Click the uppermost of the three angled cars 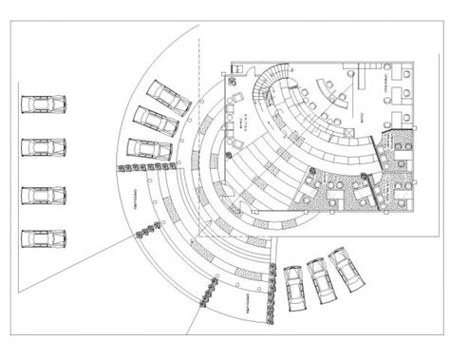point(167,95)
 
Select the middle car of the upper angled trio point(156,121)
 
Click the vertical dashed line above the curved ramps point(199,66)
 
